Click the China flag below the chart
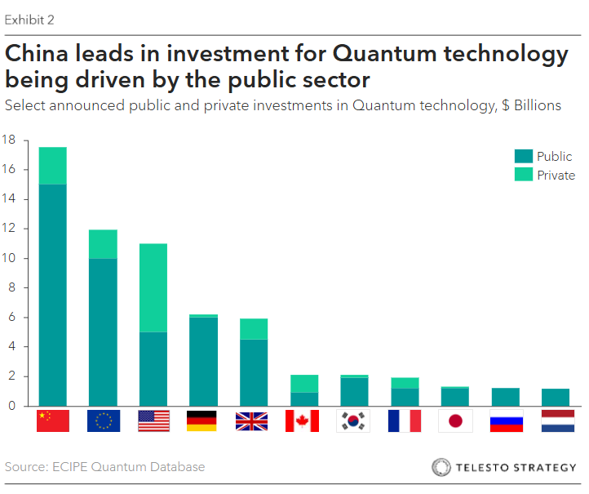(53, 421)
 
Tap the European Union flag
(104, 421)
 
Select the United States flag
(153, 421)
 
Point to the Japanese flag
(455, 421)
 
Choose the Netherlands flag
(557, 421)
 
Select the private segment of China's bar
(53, 166)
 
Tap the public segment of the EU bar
(104, 332)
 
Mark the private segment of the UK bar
(255, 328)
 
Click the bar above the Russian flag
(506, 397)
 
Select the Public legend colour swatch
(523, 157)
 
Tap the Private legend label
(556, 176)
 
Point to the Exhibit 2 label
(30, 20)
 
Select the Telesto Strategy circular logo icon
(441, 468)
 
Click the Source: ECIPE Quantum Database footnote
(104, 467)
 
